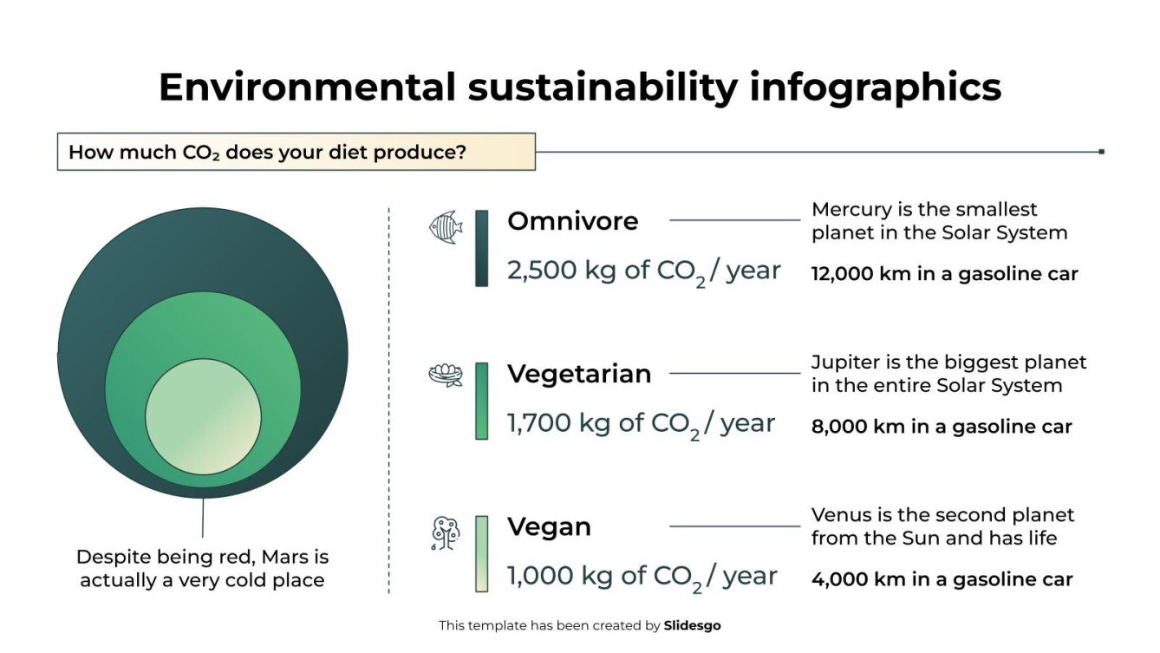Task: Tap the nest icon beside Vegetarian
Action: pos(446,375)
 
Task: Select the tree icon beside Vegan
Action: pos(446,533)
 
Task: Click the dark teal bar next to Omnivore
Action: pos(482,248)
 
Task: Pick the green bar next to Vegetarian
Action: pos(482,401)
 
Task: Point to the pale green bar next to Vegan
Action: pos(482,553)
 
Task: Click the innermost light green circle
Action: pos(203,417)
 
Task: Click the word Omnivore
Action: pos(572,221)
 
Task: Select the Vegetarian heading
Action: pos(579,374)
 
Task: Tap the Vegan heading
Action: pos(549,526)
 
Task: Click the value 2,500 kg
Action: pos(562,271)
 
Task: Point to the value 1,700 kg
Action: pos(559,423)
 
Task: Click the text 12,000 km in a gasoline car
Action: pos(944,274)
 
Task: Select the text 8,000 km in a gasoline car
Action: pos(942,427)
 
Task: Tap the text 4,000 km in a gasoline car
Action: pos(942,579)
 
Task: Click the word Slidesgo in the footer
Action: pos(692,625)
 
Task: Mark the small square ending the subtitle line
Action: pos(1101,152)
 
